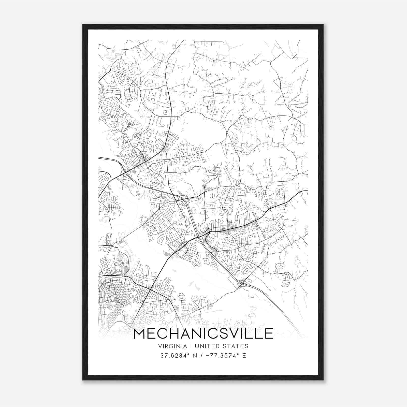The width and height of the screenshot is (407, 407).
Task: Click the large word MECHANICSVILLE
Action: pyautogui.click(x=203, y=333)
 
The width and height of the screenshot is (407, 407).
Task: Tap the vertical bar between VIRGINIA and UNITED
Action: pyautogui.click(x=188, y=346)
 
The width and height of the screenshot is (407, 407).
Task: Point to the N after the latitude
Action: pyautogui.click(x=195, y=356)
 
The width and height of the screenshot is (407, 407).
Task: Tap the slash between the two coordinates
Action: pyautogui.click(x=202, y=356)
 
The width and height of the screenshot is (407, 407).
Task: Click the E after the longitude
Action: pyautogui.click(x=244, y=356)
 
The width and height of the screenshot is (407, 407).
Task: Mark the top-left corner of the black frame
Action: pyautogui.click(x=83, y=25)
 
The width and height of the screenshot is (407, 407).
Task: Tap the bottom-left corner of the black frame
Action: pyautogui.click(x=83, y=380)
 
